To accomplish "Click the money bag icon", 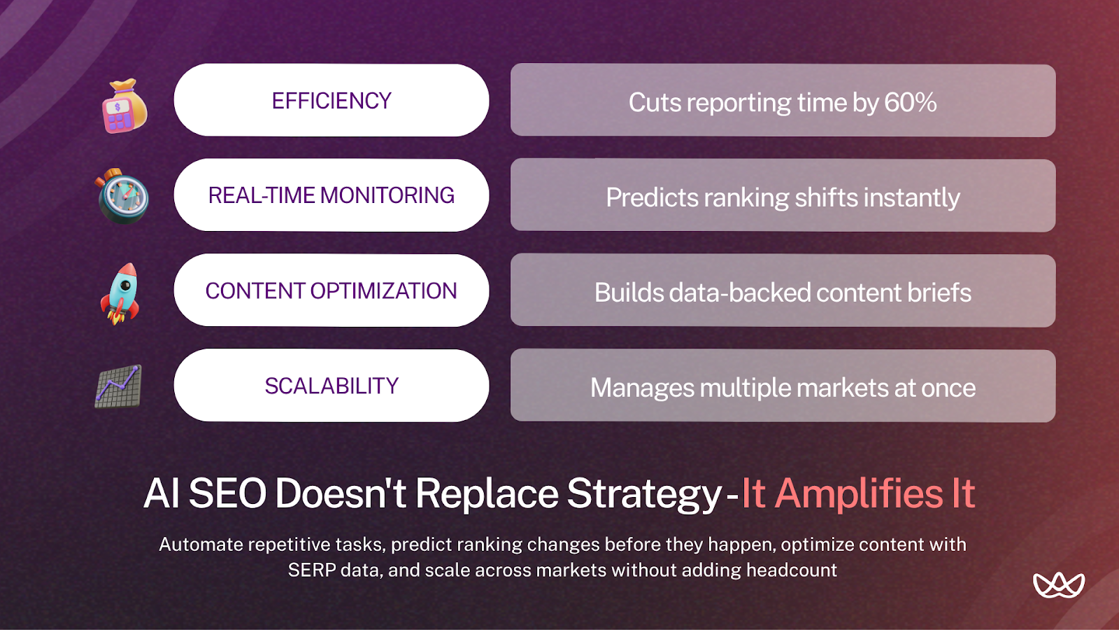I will [124, 106].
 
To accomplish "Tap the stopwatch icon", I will [123, 197].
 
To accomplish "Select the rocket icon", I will [121, 293].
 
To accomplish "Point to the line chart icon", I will [119, 386].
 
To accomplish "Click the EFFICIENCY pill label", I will [332, 101].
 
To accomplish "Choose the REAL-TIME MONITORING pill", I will [332, 195].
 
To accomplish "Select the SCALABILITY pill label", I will [332, 386].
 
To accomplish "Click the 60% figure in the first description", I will [910, 103].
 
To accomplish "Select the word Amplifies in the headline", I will [860, 494].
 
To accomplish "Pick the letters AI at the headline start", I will [162, 494].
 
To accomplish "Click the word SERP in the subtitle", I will [312, 570].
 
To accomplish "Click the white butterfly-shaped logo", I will [1058, 584].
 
